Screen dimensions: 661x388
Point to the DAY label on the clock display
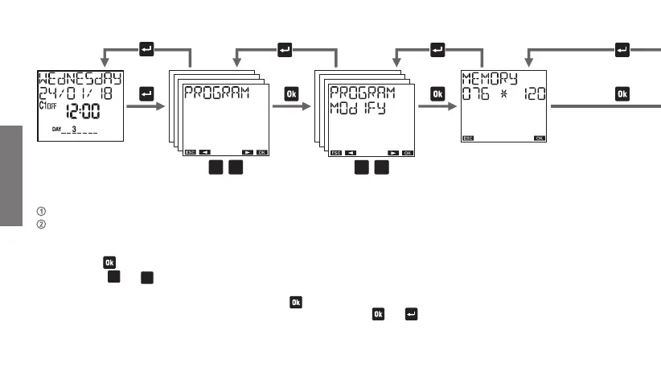click(56, 129)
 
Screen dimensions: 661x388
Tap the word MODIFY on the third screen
click(359, 107)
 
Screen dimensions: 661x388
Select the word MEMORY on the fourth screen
click(489, 79)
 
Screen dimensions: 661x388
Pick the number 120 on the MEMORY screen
click(532, 95)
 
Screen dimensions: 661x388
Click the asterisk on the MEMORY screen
click(503, 95)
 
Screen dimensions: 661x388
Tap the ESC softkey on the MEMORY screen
click(468, 138)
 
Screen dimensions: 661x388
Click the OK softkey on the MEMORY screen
click(540, 138)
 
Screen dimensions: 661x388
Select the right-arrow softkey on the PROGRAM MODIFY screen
click(392, 151)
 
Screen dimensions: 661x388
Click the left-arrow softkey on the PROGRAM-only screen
click(205, 151)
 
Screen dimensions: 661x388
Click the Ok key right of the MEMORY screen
click(622, 94)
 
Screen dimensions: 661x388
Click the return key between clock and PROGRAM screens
click(146, 94)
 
